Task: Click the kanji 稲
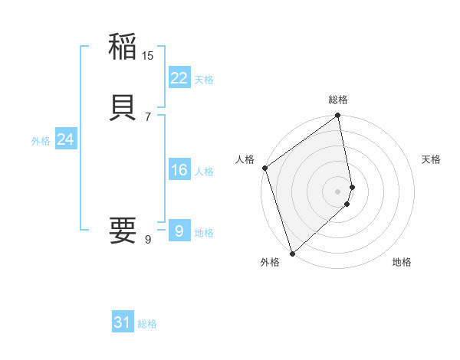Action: click(x=123, y=47)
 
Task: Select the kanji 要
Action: click(x=123, y=229)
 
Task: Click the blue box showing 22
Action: click(x=179, y=78)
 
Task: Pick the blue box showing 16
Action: click(x=179, y=171)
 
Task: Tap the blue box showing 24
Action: click(x=66, y=139)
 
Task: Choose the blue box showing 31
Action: click(x=123, y=322)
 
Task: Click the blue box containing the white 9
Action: click(x=179, y=231)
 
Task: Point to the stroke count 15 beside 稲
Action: click(x=148, y=55)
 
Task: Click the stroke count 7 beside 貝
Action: click(x=148, y=116)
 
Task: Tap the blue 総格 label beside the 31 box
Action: click(x=147, y=324)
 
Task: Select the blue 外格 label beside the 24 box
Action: click(x=41, y=141)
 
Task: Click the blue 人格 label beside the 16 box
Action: click(x=204, y=172)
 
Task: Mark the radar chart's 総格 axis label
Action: click(x=338, y=100)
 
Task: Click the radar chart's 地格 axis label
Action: click(x=402, y=262)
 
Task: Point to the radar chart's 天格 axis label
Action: click(x=431, y=159)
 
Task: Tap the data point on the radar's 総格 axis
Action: click(x=338, y=116)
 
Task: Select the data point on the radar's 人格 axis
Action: click(x=264, y=168)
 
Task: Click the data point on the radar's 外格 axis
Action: click(x=292, y=253)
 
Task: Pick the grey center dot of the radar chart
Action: click(x=338, y=191)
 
